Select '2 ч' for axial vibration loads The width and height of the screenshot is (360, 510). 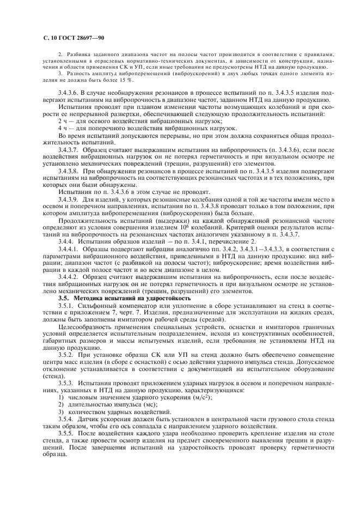[x=63, y=120]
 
